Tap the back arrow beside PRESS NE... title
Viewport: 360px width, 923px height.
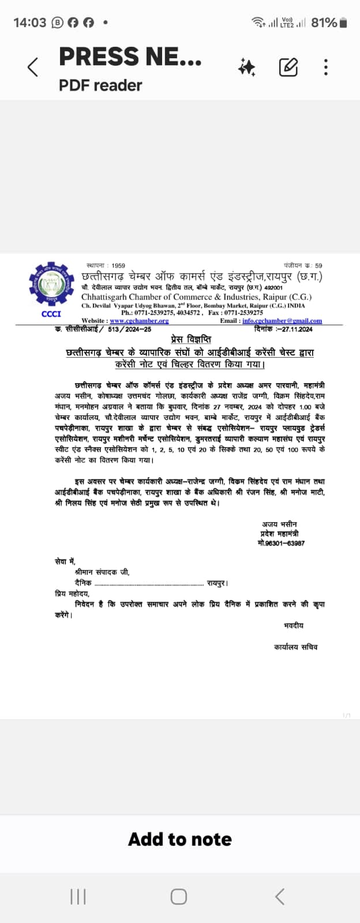tap(33, 67)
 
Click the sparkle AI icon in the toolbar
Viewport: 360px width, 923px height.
tap(246, 67)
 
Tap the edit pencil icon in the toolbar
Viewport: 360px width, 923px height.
tap(288, 67)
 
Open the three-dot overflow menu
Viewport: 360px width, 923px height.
tap(326, 67)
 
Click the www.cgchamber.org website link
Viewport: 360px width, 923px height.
tap(139, 321)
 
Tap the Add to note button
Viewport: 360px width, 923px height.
tap(180, 839)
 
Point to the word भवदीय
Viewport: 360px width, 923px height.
tap(294, 625)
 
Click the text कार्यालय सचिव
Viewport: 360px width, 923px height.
tap(295, 647)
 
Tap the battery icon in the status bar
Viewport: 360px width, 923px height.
tap(343, 23)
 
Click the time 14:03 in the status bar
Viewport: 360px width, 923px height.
tap(29, 23)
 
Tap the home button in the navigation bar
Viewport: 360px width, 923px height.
tap(179, 896)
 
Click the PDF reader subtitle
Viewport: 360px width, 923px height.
tap(100, 85)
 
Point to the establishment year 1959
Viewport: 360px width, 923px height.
tap(118, 266)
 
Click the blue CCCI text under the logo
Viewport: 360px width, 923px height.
tap(51, 314)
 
